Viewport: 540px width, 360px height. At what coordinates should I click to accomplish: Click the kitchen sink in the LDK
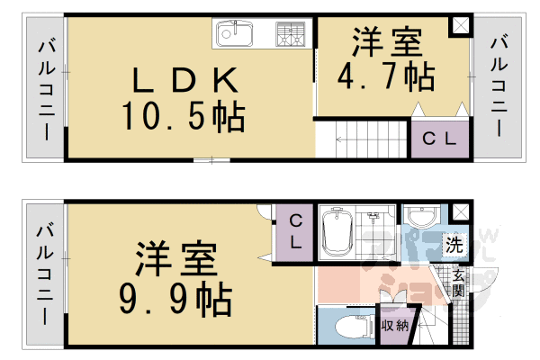(235, 36)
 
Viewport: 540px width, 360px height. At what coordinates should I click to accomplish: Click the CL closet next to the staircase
(440, 139)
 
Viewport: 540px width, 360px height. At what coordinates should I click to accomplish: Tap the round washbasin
(419, 219)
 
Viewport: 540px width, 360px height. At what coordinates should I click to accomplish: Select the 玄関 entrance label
(458, 283)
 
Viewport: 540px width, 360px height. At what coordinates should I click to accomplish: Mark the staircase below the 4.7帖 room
(360, 139)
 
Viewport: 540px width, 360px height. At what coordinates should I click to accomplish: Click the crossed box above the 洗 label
(461, 212)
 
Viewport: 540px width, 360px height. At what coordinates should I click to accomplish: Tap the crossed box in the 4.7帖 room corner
(461, 26)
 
